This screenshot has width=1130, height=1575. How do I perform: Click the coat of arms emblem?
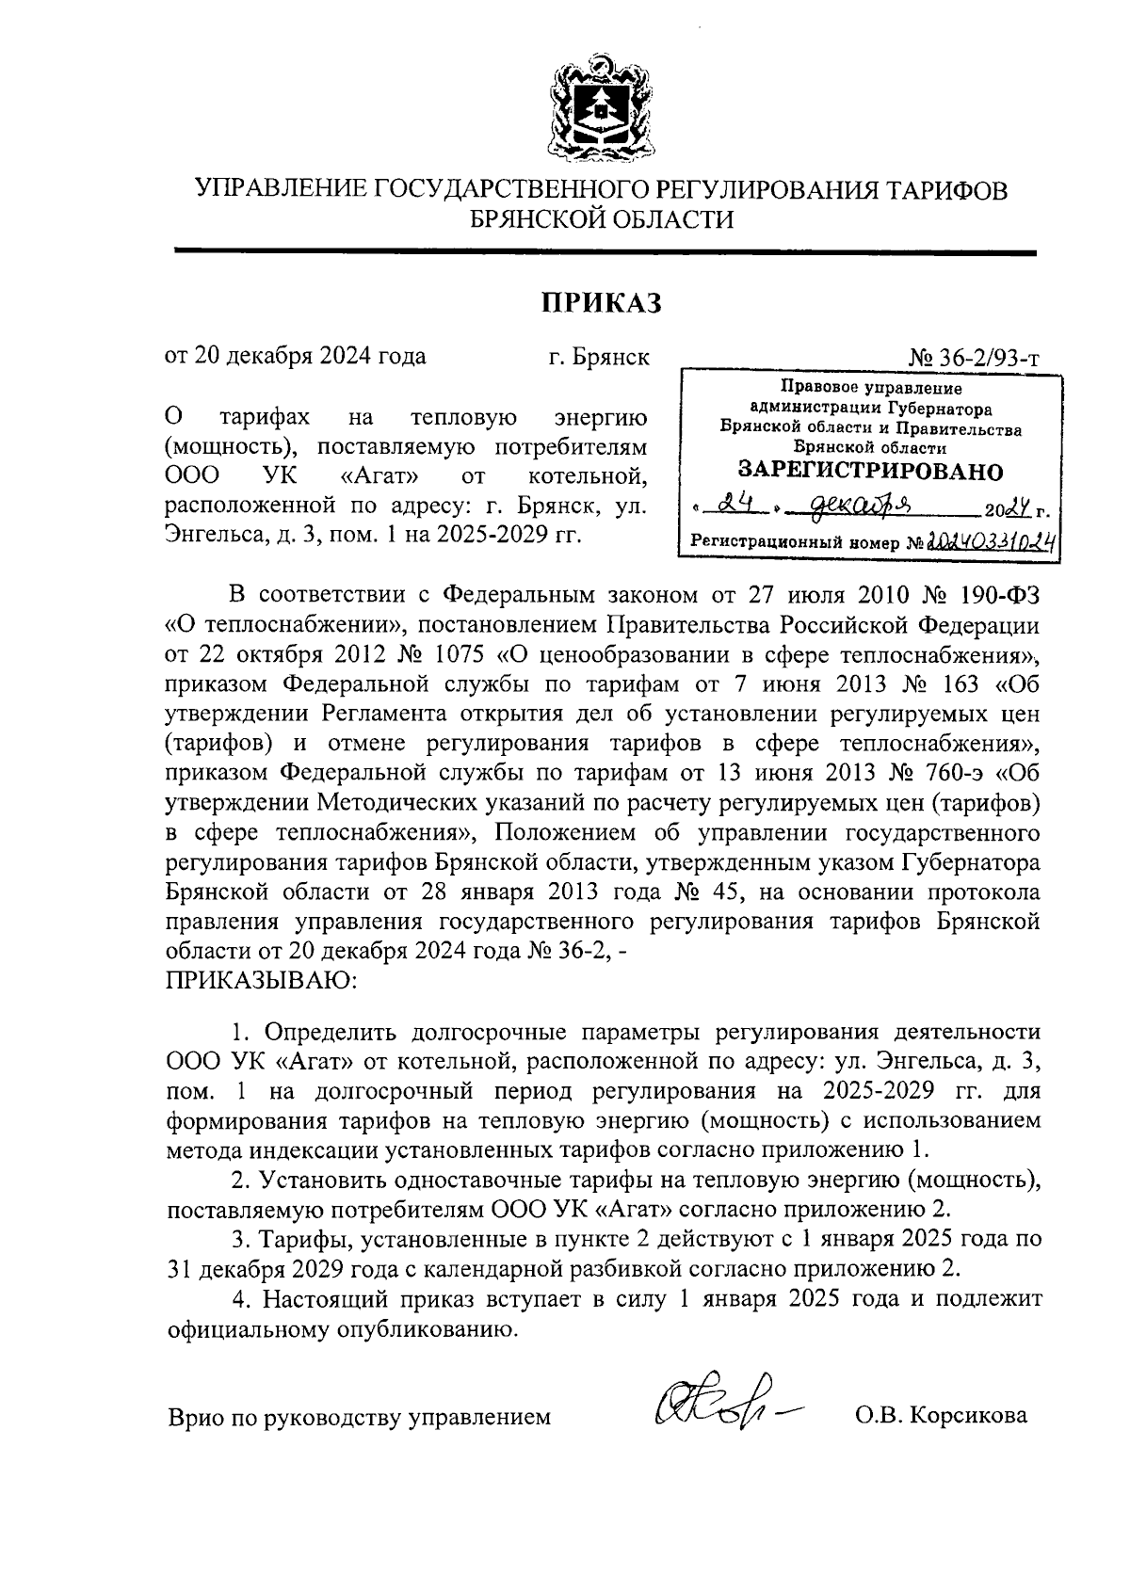(600, 110)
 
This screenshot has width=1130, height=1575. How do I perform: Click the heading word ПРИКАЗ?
(600, 302)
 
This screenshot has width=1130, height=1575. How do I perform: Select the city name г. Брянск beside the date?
(599, 357)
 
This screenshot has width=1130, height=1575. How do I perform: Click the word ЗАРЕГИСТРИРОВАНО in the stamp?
(870, 471)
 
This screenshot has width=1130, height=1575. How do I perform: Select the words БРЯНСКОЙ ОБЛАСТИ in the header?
(601, 219)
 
